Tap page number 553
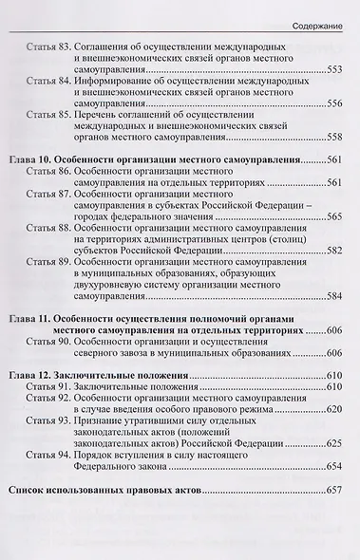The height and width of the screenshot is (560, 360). pos(337,69)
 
